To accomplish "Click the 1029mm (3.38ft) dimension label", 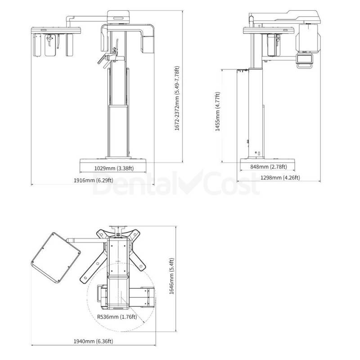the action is (114, 168).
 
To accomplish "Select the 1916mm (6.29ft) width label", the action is (94, 180).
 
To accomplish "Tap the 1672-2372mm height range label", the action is (177, 99).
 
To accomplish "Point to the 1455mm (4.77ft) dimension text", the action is (217, 112).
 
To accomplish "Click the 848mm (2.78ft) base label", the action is (269, 166).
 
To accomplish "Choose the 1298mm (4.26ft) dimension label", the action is (280, 178).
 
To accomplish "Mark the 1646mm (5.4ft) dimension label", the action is (172, 276).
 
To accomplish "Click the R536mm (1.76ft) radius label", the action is (117, 317).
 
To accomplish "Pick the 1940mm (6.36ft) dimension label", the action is (93, 341).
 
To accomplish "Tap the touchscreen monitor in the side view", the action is (305, 58).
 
